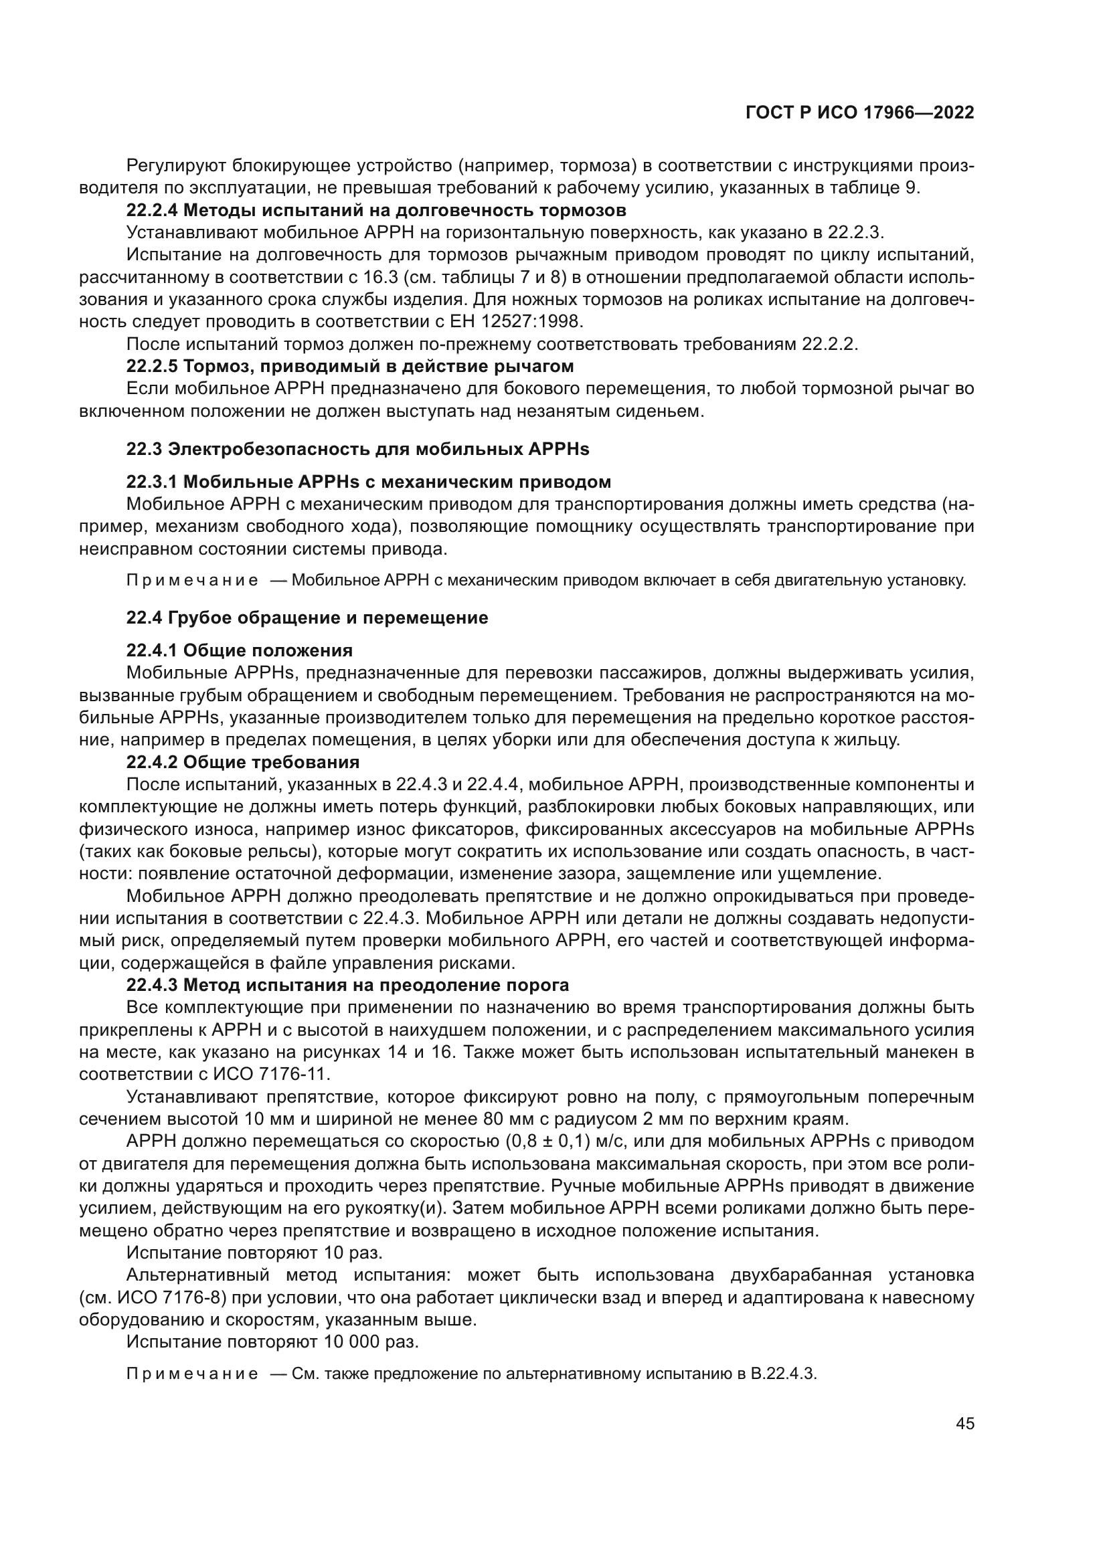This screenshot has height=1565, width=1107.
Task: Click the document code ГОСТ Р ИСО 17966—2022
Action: coord(859,112)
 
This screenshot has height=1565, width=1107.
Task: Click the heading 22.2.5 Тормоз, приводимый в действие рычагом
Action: coord(349,366)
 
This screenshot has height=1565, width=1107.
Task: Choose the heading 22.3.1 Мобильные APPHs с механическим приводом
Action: coord(368,482)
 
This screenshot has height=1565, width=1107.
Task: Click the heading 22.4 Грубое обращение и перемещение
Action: coord(307,618)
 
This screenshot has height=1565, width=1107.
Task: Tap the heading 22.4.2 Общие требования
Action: coord(243,761)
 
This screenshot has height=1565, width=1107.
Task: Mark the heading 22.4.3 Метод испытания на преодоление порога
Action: coord(347,985)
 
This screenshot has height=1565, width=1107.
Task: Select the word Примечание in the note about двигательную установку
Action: coord(192,581)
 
